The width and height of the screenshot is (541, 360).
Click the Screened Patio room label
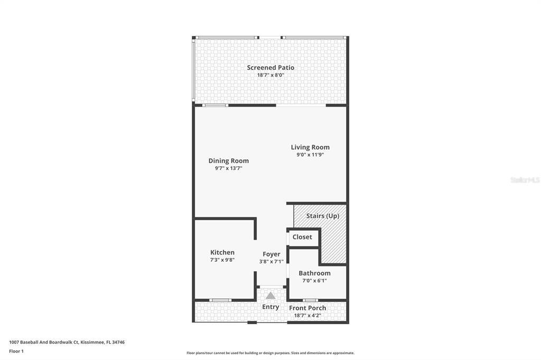pyautogui.click(x=270, y=68)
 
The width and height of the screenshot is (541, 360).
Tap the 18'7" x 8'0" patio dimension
pyautogui.click(x=270, y=75)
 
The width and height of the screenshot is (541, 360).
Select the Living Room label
pyautogui.click(x=310, y=147)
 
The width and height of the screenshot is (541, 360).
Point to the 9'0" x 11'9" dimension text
pyautogui.click(x=310, y=155)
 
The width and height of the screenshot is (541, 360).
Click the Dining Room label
pyautogui.click(x=228, y=160)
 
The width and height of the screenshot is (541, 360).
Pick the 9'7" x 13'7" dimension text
pyautogui.click(x=228, y=168)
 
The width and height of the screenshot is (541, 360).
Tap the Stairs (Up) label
pyautogui.click(x=323, y=216)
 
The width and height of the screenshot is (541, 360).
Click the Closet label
pyautogui.click(x=302, y=237)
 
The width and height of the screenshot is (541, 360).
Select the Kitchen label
pyautogui.click(x=222, y=252)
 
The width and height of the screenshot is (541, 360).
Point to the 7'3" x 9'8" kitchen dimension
pyautogui.click(x=222, y=260)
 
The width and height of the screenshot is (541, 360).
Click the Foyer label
pyautogui.click(x=272, y=254)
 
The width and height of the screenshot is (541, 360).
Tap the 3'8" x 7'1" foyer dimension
pyautogui.click(x=272, y=261)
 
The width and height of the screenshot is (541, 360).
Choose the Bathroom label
pyautogui.click(x=315, y=273)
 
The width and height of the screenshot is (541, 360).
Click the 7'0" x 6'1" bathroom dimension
pyautogui.click(x=315, y=280)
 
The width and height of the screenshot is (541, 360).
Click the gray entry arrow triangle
pyautogui.click(x=270, y=296)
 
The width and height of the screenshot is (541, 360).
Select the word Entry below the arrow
pyautogui.click(x=270, y=307)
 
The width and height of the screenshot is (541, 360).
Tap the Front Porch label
pyautogui.click(x=307, y=308)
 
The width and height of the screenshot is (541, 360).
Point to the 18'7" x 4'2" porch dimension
pyautogui.click(x=307, y=315)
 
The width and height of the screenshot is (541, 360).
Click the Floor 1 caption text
pyautogui.click(x=16, y=352)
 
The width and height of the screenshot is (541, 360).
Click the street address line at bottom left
pyautogui.click(x=67, y=343)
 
